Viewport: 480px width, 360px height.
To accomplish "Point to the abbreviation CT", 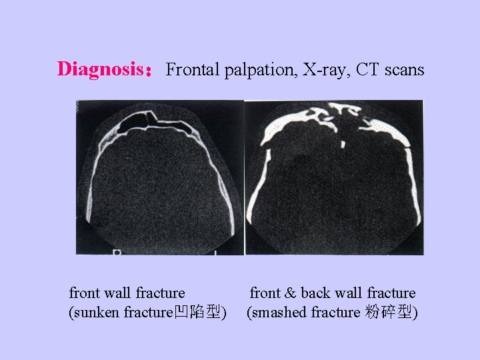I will (369, 69).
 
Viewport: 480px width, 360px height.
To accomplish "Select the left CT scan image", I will (159, 177).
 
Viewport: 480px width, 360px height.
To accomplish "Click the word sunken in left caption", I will (96, 312).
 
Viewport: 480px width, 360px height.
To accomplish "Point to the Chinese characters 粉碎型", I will (389, 312).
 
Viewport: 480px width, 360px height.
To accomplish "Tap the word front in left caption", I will (85, 293).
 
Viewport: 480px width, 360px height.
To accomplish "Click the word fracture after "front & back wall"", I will (391, 293).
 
